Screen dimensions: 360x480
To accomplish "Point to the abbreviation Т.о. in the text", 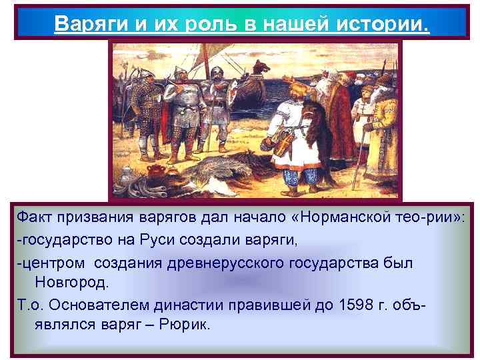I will pyautogui.click(x=30, y=309).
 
